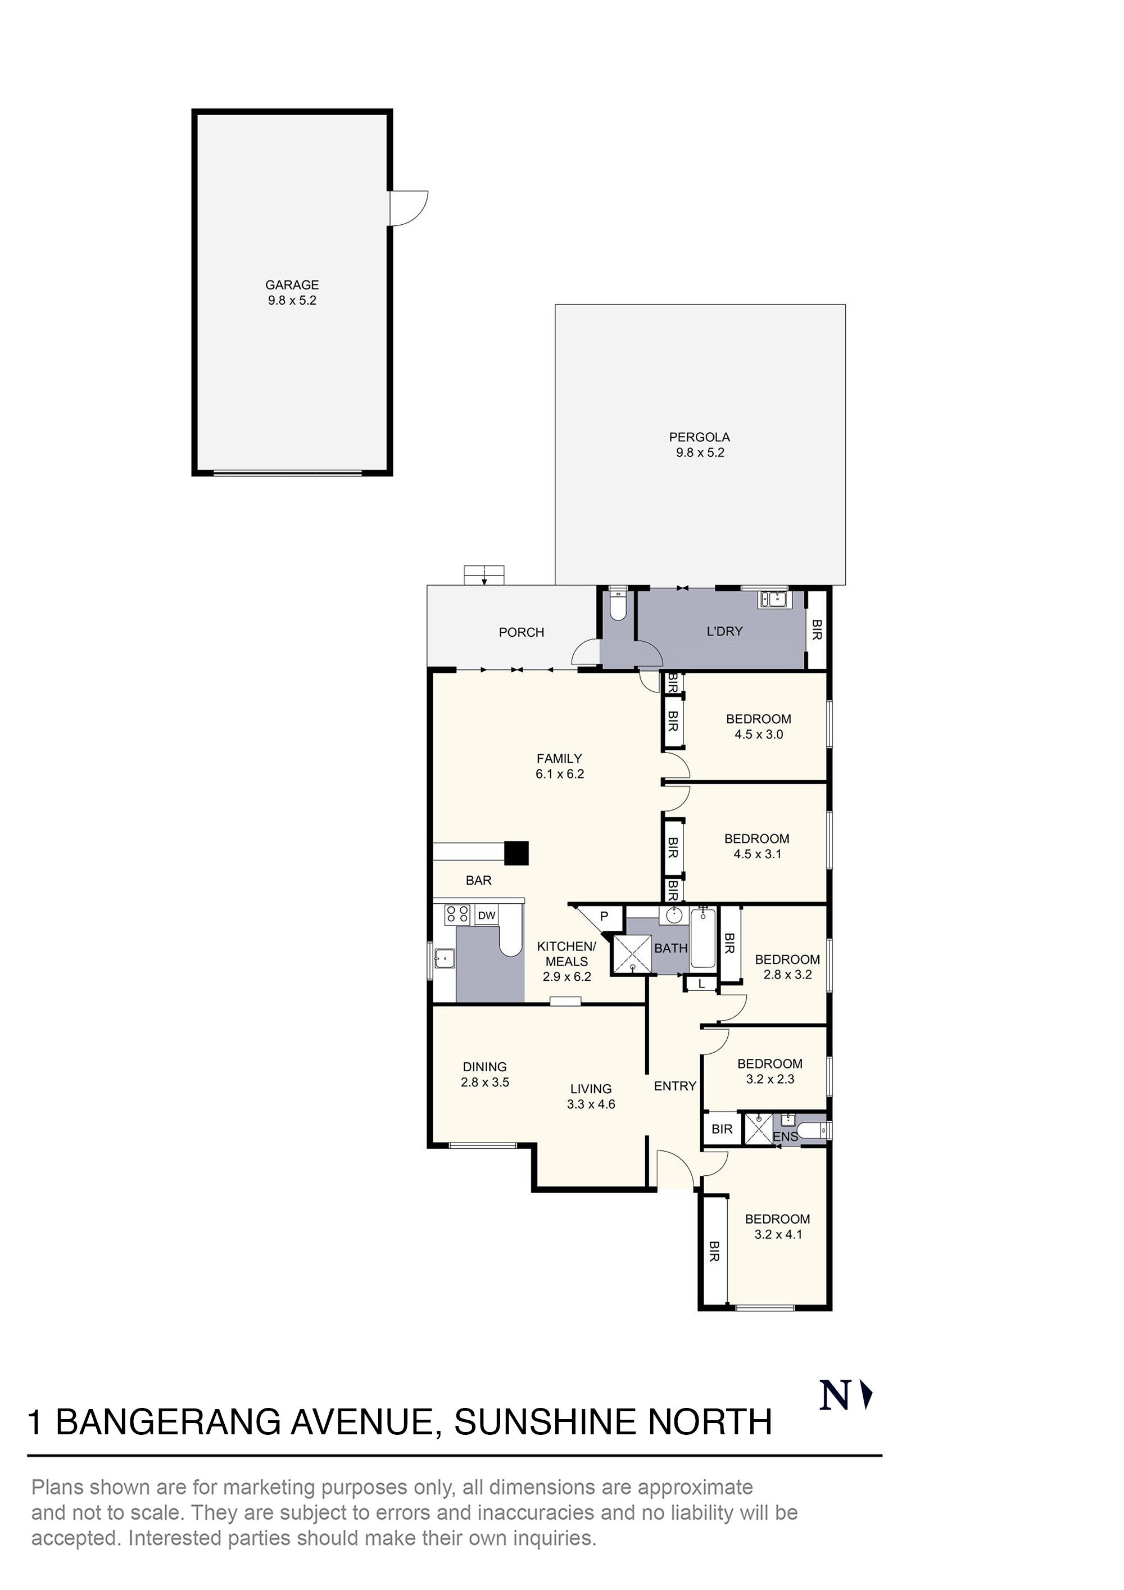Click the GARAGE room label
coord(292,284)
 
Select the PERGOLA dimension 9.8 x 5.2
coord(700,452)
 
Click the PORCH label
coord(521,632)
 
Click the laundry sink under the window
coord(773,599)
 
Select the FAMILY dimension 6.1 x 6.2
coord(560,774)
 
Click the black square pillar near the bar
coord(516,853)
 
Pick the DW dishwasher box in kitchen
coord(487,916)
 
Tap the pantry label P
coord(604,916)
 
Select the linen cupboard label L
coord(701,984)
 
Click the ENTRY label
coord(674,1086)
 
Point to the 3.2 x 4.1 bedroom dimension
coord(778,1234)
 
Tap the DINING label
coord(485,1067)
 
